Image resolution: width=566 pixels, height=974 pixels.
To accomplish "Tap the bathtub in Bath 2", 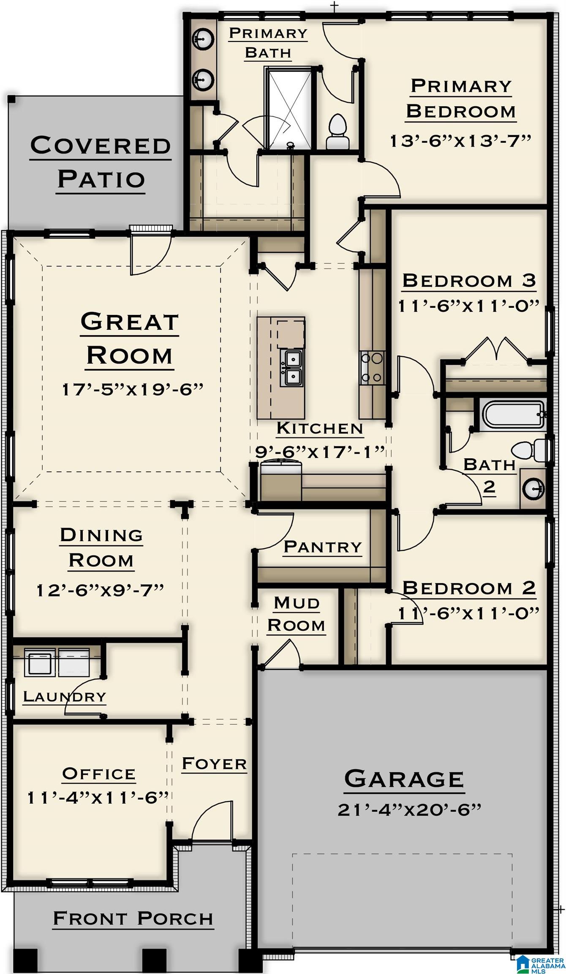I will (512, 415).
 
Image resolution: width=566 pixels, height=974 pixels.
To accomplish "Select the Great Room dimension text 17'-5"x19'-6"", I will (133, 389).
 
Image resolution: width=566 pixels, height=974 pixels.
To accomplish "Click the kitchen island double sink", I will (291, 367).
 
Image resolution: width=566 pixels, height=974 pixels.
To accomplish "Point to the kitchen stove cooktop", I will (372, 368).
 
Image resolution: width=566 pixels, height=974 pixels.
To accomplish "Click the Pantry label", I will (323, 547).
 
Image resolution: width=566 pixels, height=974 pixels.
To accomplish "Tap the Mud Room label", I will (296, 614).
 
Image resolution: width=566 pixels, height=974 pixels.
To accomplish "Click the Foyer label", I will (214, 764).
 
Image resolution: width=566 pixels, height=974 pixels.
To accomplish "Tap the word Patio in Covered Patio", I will (101, 179).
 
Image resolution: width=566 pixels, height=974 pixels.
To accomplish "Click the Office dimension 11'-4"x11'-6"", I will (98, 798).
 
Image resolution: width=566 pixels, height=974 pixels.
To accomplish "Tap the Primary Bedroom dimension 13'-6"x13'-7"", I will (460, 141).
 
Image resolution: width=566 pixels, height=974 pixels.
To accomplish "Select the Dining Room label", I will (101, 547).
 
